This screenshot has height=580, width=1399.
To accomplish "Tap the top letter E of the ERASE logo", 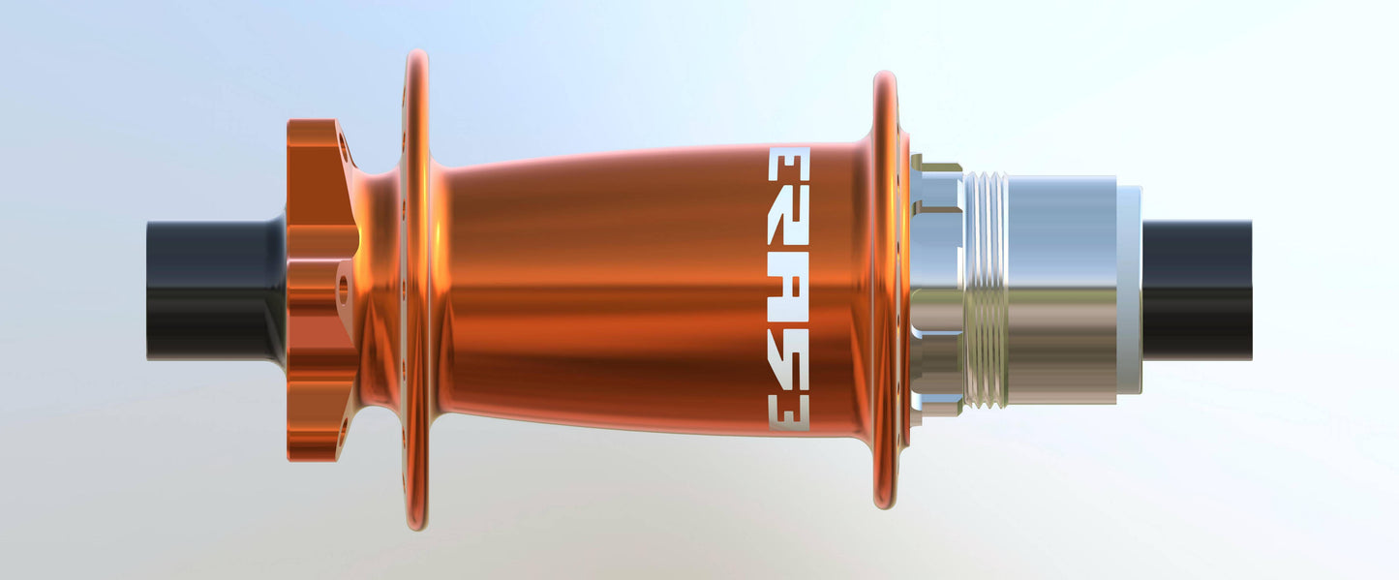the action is [x=789, y=165].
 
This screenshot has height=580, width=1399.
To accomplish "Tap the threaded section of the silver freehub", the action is [x=986, y=290].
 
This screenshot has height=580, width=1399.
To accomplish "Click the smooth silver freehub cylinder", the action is [x=1062, y=290].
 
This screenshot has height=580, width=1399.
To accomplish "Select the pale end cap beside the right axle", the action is [x=1130, y=290].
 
